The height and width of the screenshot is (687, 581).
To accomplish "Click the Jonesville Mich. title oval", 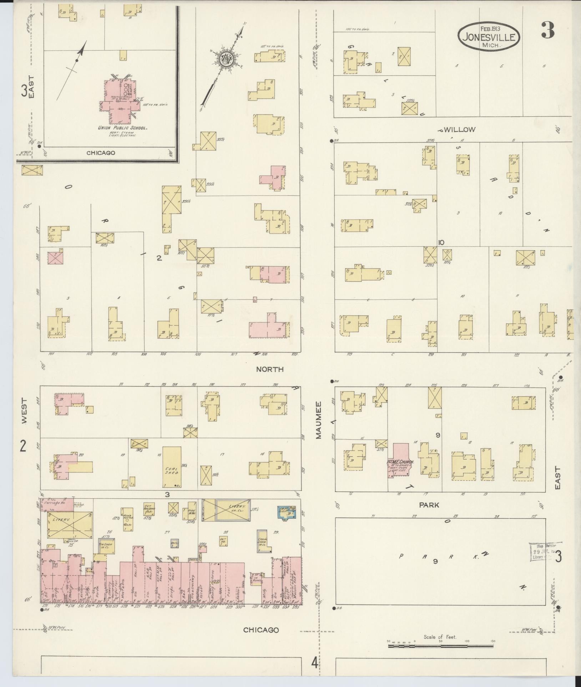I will pos(489,36).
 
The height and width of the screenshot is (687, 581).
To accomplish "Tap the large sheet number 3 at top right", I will pos(547,30).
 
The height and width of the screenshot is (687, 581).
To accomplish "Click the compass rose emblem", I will pos(226,59).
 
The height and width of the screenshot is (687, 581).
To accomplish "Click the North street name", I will pos(270,369).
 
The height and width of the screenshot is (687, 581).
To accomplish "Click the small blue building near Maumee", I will pos(287,512).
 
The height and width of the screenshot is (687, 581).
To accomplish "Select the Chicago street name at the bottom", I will pos(261,630).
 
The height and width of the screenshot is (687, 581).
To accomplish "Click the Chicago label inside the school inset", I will pos(101,153).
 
